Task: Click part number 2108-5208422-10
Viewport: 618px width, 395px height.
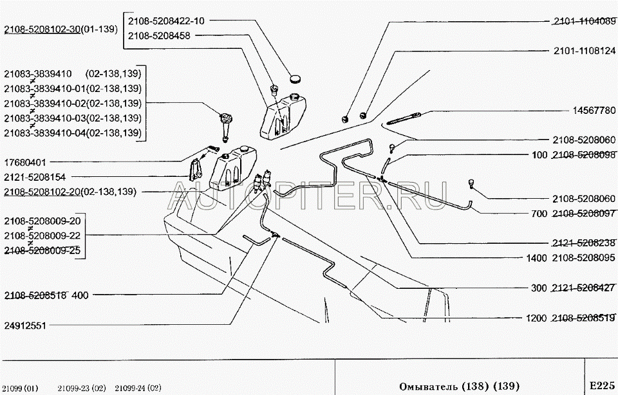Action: click(x=167, y=21)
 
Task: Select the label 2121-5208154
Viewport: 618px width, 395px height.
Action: click(x=35, y=177)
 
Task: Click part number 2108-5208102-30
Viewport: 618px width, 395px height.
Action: click(x=42, y=29)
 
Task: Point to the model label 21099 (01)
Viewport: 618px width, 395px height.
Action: click(x=23, y=388)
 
